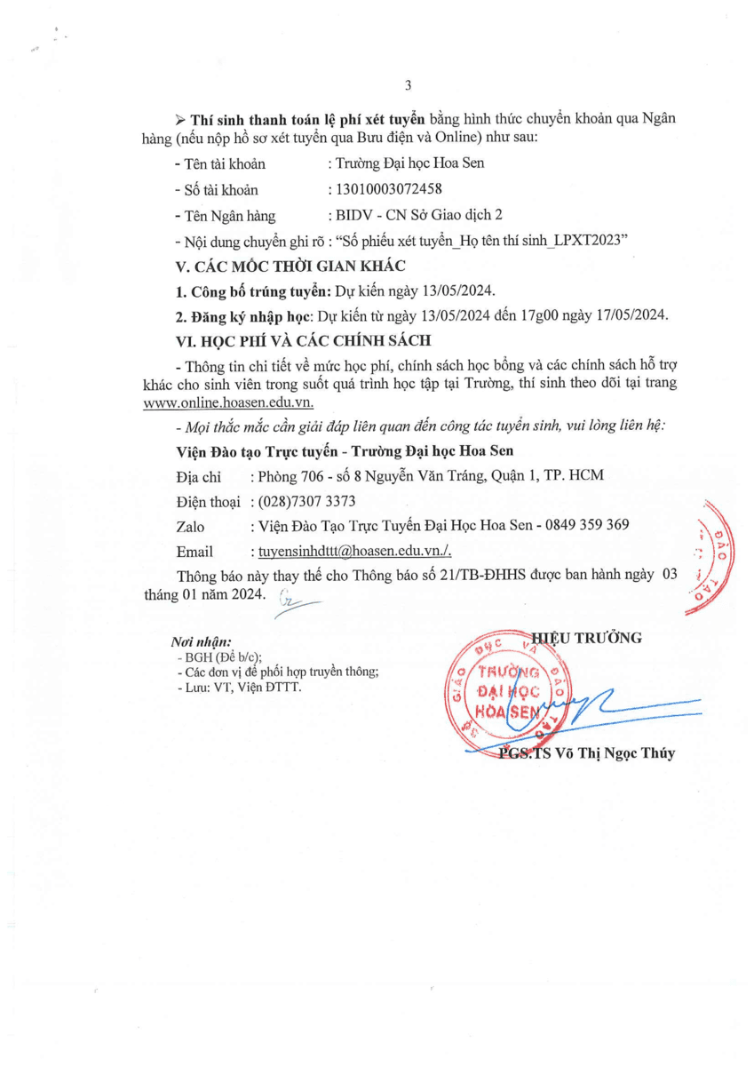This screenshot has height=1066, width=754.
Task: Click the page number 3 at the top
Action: pos(408,86)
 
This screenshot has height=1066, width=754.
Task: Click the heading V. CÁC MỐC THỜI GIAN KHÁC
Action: pos(290,266)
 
